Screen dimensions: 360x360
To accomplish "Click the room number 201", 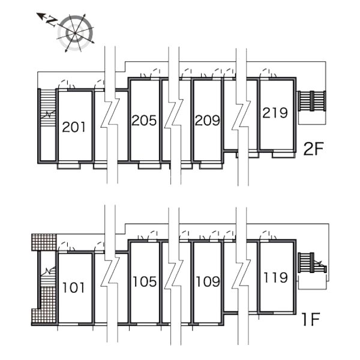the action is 74,127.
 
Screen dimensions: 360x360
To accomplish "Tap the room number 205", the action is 144,121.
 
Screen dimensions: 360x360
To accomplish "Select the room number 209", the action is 208,121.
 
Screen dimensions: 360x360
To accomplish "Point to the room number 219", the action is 275,113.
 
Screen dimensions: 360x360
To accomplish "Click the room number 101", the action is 73,287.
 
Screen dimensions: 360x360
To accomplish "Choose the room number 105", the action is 145,281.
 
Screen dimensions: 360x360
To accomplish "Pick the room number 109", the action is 208,281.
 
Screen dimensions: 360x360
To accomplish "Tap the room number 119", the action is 275,277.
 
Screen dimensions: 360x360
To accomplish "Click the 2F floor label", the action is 314,149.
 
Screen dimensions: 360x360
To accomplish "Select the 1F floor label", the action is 311,319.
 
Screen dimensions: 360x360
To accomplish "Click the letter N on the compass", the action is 52,22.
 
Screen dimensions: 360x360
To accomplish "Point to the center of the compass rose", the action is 76,33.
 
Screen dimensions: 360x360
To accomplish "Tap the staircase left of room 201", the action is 48,107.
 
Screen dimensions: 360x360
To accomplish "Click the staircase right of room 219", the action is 312,101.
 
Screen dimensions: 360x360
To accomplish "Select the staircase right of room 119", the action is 312,263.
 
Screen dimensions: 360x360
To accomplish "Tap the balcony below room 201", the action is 68,166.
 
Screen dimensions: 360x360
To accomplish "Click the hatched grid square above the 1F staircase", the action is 44,242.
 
